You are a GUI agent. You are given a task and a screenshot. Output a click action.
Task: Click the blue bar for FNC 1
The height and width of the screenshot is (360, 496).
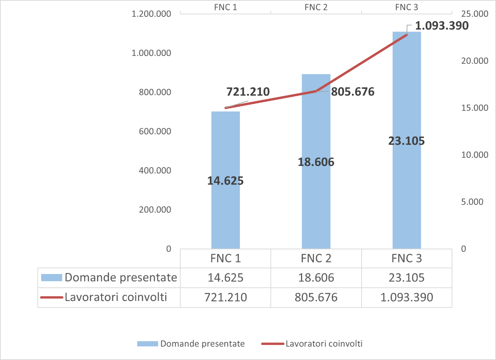click(x=225, y=215)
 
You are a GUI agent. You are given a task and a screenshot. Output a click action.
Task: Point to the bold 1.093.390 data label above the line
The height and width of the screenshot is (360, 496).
click(x=442, y=26)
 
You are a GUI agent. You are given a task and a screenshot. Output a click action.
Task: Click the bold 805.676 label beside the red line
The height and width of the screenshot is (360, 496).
click(x=353, y=92)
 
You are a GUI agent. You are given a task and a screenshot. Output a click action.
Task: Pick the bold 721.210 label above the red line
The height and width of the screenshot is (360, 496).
click(x=248, y=92)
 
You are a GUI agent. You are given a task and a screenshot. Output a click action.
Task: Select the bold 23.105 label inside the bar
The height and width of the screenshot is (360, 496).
click(x=406, y=141)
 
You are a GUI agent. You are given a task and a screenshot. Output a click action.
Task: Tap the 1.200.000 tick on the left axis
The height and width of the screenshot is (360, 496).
click(x=151, y=14)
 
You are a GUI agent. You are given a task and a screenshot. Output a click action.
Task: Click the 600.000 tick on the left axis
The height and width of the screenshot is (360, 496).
click(x=155, y=131)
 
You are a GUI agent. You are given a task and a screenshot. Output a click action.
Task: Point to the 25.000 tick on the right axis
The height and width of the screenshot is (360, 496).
click(x=474, y=14)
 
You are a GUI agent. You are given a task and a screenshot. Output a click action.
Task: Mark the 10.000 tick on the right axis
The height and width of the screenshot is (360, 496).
click(x=474, y=155)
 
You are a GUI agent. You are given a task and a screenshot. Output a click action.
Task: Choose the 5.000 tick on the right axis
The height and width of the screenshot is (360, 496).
click(x=472, y=202)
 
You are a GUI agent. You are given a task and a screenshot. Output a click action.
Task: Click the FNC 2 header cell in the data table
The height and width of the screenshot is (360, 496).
click(x=316, y=258)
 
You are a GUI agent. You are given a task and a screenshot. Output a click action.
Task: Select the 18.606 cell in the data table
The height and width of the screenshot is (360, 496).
click(x=316, y=278)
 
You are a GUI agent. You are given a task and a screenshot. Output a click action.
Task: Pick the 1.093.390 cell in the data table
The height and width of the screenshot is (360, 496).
click(x=407, y=297)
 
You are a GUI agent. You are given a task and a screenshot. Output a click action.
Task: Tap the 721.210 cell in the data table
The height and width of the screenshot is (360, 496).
click(x=225, y=297)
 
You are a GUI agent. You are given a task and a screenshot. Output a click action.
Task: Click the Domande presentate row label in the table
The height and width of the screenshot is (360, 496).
click(x=121, y=278)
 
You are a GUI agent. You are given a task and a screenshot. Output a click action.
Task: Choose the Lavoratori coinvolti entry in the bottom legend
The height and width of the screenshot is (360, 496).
click(x=324, y=344)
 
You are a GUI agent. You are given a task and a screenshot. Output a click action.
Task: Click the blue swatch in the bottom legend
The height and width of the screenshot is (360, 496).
click(x=148, y=344)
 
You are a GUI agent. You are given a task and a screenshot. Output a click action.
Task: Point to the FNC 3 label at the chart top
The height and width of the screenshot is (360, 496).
click(x=406, y=7)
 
